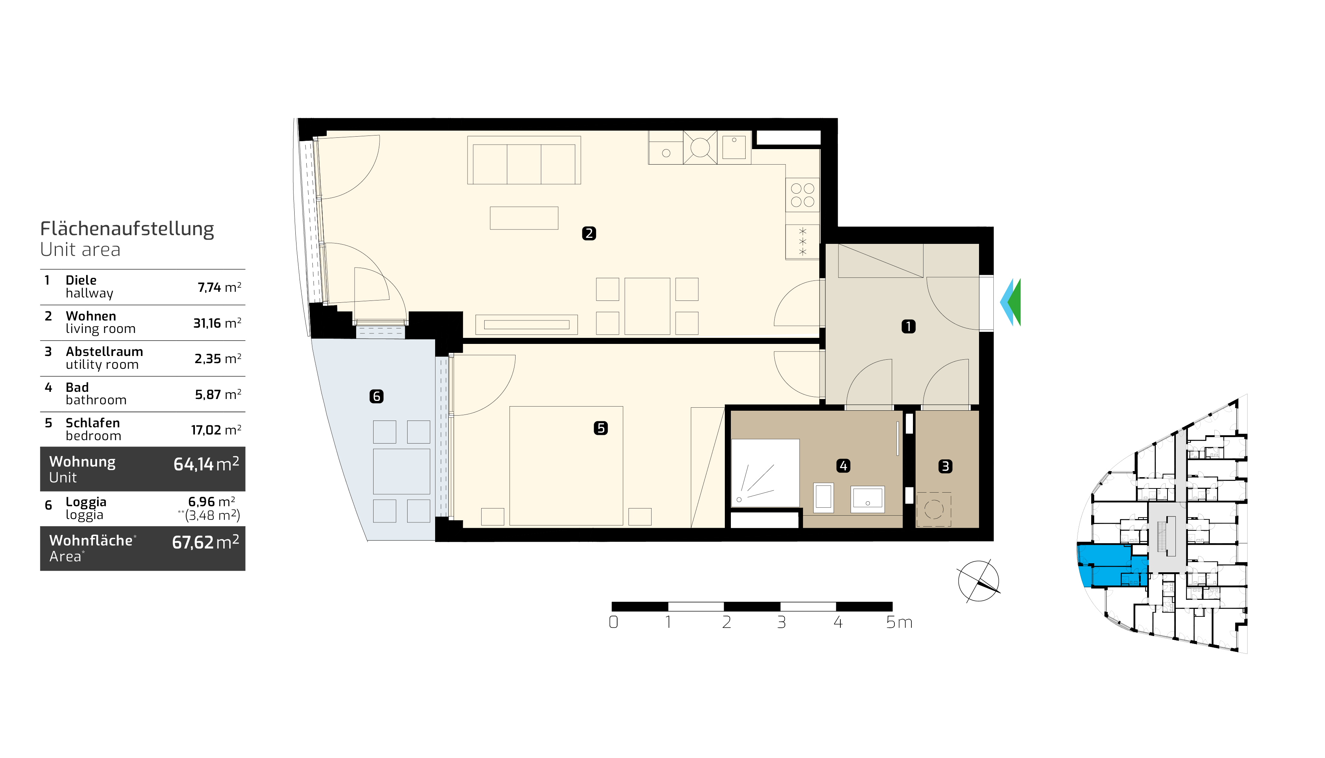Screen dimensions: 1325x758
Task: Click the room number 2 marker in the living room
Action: tap(589, 233)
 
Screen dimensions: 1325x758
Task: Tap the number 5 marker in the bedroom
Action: tap(601, 428)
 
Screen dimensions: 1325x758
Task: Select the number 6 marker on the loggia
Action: tap(377, 396)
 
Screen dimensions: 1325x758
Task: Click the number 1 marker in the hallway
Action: tap(908, 327)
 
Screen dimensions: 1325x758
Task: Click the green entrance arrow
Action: tap(1015, 302)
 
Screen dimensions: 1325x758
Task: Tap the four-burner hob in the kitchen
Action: tap(803, 195)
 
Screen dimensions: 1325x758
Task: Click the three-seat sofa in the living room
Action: tap(524, 160)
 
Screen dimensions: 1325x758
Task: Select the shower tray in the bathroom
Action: tap(766, 473)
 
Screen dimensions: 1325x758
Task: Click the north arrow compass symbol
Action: tap(979, 581)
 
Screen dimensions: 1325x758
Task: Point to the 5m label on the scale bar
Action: tap(899, 622)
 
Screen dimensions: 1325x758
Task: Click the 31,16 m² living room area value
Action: tap(217, 323)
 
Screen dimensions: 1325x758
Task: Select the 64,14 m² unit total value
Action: tap(206, 463)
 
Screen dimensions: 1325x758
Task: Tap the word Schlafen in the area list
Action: tap(93, 423)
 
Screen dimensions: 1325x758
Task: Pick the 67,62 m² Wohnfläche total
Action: tap(206, 542)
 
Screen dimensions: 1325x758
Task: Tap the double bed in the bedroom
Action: tap(566, 466)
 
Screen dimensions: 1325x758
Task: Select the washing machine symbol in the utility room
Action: tap(934, 509)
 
